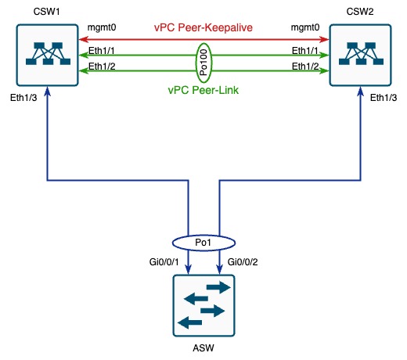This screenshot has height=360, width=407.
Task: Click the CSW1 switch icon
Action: (47, 55)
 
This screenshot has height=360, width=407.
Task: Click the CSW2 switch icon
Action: (360, 55)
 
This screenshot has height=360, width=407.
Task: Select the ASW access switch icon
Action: (204, 305)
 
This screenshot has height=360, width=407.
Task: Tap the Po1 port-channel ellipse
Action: (203, 243)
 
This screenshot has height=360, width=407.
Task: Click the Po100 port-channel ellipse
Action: (203, 63)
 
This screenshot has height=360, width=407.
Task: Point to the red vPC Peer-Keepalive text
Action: (203, 27)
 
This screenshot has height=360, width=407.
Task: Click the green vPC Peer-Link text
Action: (203, 90)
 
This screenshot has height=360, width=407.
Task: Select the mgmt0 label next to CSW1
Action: (102, 27)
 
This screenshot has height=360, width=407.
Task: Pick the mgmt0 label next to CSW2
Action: (305, 27)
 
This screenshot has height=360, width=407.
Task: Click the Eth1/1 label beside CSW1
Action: (102, 51)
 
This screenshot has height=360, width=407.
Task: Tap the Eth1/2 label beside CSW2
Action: (305, 67)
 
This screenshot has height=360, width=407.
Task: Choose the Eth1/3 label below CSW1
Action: (23, 98)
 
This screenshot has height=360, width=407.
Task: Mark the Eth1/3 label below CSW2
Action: (384, 98)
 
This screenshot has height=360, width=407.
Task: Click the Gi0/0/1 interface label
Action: (164, 262)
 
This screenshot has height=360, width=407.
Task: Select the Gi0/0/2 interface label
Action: (243, 262)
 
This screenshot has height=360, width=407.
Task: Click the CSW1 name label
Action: (47, 12)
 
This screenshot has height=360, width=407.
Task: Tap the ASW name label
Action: (203, 348)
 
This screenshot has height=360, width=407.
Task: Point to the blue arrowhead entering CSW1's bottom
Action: (47, 92)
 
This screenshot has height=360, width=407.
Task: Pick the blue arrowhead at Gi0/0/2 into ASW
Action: (220, 269)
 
